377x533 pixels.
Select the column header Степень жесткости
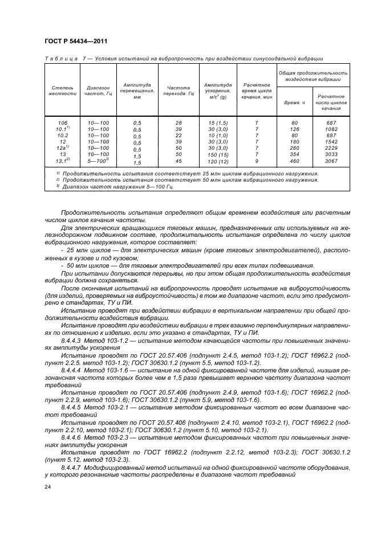pyautogui.click(x=63, y=91)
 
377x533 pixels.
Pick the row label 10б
pyautogui.click(x=63, y=123)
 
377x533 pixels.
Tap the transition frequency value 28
pyautogui.click(x=179, y=123)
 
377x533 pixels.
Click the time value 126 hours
pyautogui.click(x=295, y=129)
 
